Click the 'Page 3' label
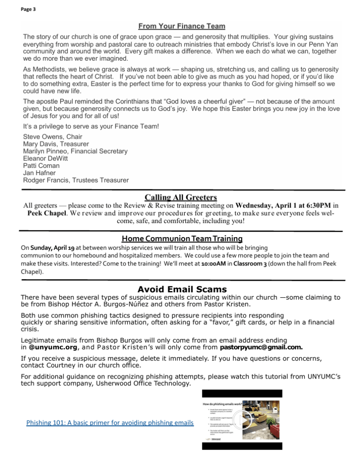(28, 9)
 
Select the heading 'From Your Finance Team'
(181, 26)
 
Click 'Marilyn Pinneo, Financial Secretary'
(75, 151)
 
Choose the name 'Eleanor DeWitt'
(45, 158)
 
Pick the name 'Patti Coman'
(41, 166)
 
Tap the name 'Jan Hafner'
(39, 173)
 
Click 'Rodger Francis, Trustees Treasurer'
(76, 180)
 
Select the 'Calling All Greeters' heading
(181, 197)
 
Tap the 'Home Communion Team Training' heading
(182, 239)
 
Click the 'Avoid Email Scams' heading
(182, 289)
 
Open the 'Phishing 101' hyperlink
(110, 422)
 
